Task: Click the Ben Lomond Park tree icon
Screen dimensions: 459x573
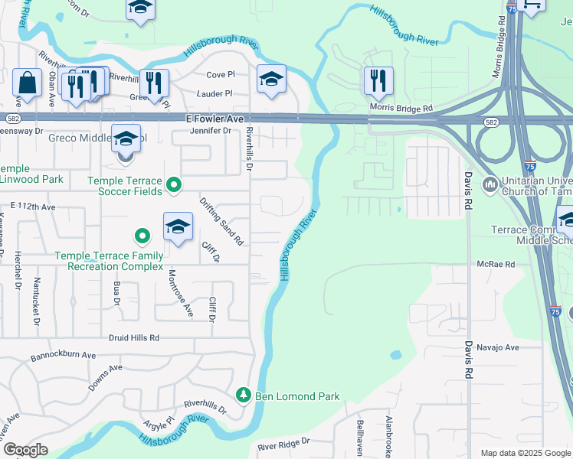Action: [244, 396]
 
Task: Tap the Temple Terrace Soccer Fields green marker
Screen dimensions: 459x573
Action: [174, 184]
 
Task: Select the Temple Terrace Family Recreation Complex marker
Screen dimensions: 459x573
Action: [141, 236]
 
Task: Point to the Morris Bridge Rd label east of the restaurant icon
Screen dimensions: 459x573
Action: [401, 108]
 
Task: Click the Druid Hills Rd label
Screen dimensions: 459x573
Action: [133, 337]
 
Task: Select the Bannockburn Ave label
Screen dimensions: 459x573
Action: [63, 356]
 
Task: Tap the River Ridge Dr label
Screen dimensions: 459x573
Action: [283, 442]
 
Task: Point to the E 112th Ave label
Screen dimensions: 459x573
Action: [34, 207]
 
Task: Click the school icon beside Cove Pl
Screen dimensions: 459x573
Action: [271, 80]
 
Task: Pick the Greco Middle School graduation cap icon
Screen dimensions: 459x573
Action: [126, 138]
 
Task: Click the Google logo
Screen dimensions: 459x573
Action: [25, 450]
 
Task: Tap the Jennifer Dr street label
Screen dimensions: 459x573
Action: [211, 131]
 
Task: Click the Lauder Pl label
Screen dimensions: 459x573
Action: [214, 93]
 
